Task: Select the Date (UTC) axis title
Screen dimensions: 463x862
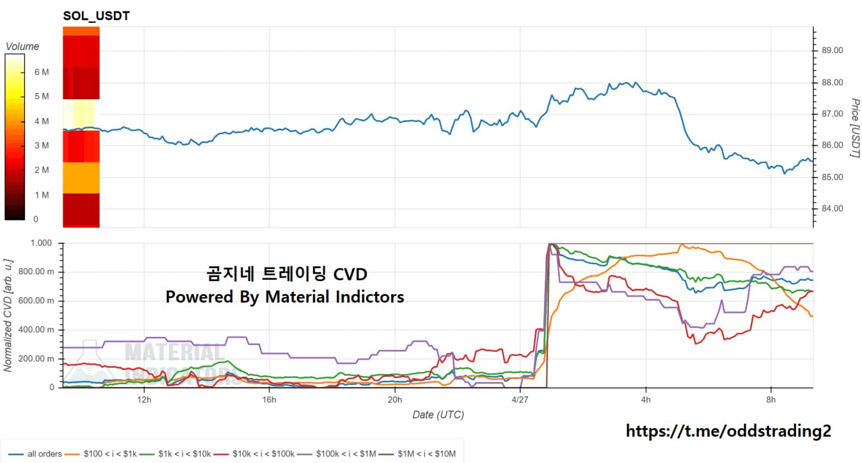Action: point(438,414)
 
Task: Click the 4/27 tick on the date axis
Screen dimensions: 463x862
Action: point(521,399)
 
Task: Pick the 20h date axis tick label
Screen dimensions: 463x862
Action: point(395,399)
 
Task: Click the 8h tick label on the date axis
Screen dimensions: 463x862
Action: point(771,399)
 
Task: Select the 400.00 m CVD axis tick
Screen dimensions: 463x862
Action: point(39,330)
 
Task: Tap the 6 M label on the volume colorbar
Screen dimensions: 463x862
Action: point(41,72)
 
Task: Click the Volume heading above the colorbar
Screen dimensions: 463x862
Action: point(22,47)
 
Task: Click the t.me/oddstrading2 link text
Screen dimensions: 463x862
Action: point(729,431)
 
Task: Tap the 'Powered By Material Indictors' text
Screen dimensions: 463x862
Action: point(285,297)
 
